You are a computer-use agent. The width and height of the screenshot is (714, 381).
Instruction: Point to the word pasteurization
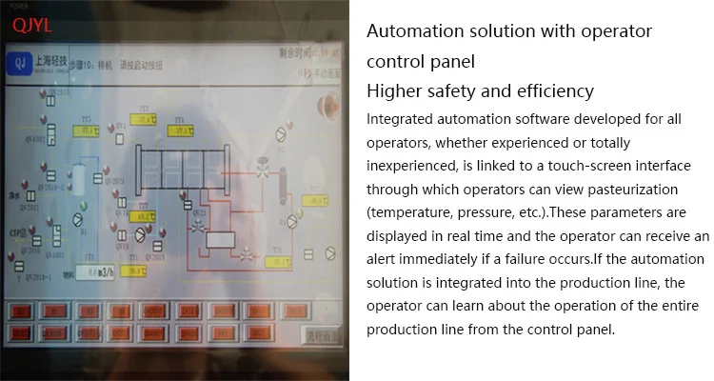coord(643,189)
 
